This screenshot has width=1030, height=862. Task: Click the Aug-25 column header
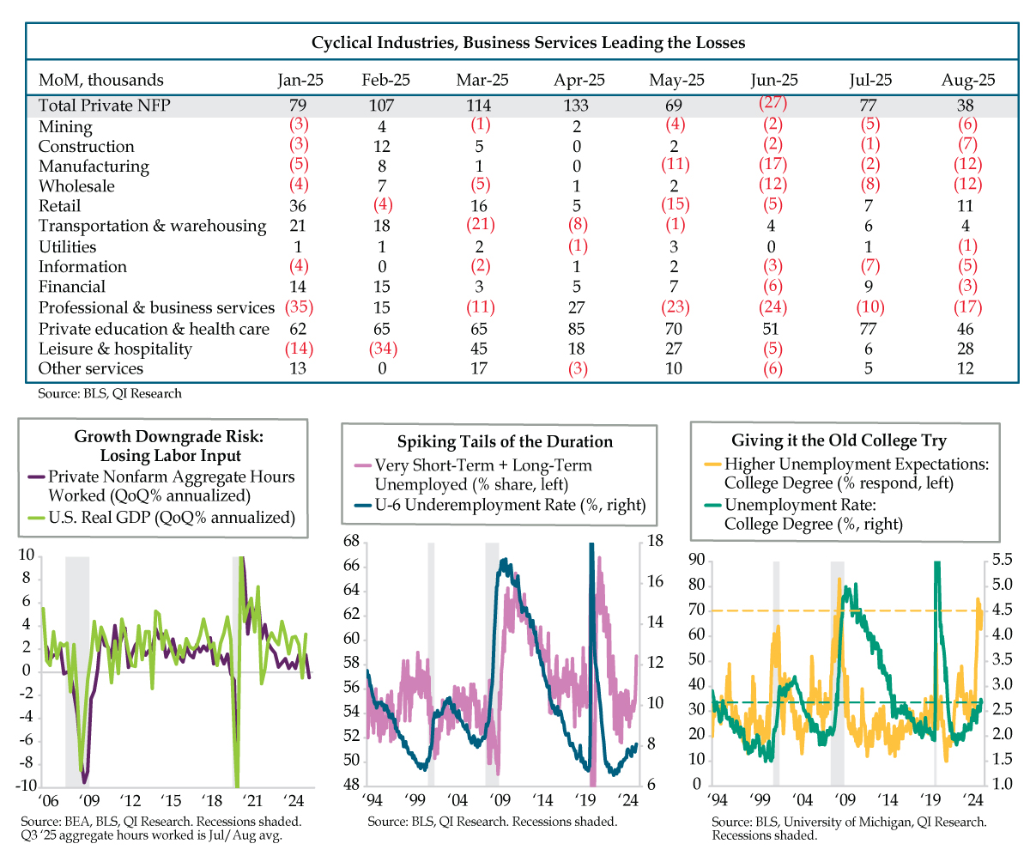coord(967,80)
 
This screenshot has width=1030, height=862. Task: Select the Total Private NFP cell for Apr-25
coord(576,105)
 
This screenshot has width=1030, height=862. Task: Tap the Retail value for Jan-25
coord(298,206)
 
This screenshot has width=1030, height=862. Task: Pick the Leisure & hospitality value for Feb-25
coord(383,349)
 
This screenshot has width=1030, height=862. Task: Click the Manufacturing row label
coord(94,167)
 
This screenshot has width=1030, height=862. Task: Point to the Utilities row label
coord(68,246)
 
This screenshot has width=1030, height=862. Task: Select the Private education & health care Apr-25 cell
coord(576,329)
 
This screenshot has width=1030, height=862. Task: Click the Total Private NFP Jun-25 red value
coord(772,102)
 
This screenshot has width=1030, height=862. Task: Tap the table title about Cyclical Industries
coord(528,42)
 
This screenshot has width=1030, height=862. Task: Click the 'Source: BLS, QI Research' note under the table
coord(110,393)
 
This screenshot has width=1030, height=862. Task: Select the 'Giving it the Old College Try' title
coord(839,440)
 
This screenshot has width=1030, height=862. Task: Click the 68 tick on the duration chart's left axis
coord(351,541)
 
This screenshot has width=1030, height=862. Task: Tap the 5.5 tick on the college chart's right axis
coord(1002,559)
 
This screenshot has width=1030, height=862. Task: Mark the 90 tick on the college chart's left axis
coord(696,560)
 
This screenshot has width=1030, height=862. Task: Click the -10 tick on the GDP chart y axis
coord(27,785)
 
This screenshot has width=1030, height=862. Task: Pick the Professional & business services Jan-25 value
coord(299,307)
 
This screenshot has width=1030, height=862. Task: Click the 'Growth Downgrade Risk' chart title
coord(169,446)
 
